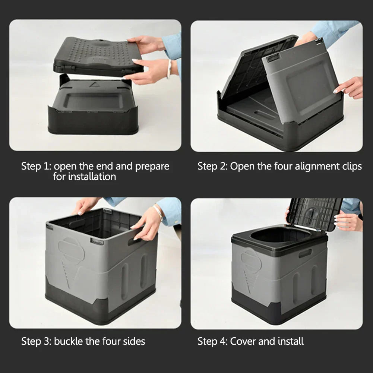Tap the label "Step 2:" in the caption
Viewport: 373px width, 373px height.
(212, 166)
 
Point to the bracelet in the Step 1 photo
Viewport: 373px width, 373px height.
(169, 68)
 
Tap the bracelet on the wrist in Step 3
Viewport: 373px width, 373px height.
(159, 212)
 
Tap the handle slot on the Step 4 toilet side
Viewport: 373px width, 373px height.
(305, 253)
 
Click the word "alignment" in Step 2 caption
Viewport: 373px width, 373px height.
(316, 166)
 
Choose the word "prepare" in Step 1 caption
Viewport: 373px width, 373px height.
(152, 166)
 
